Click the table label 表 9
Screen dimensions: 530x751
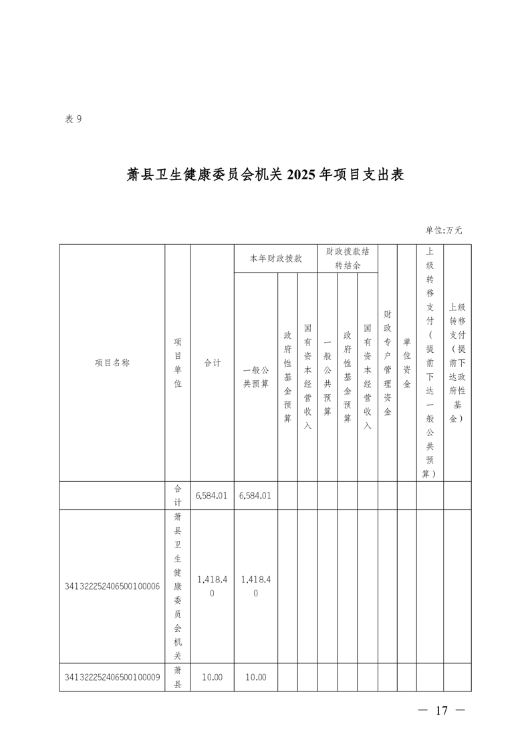[x=74, y=119]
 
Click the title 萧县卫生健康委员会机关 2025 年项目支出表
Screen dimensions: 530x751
[x=265, y=175]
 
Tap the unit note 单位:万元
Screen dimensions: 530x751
[x=444, y=230]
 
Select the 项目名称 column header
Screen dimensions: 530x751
[x=112, y=363]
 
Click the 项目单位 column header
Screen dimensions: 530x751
[x=178, y=363]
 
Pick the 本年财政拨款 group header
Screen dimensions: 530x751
[x=276, y=258]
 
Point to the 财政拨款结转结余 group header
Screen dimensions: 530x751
[x=348, y=258]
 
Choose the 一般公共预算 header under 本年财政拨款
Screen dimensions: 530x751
[x=256, y=377]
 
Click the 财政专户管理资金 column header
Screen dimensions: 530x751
[x=388, y=363]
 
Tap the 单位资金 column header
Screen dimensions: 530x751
[x=407, y=363]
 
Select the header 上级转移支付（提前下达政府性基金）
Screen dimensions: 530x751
[x=457, y=363]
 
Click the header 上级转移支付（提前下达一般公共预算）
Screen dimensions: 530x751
[x=430, y=363]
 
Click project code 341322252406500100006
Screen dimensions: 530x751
[x=112, y=587]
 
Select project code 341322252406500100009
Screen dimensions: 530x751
[x=112, y=678]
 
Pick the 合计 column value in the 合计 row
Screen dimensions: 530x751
[x=212, y=496]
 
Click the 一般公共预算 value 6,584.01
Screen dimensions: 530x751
[x=255, y=496]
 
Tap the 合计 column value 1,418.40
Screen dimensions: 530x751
[x=212, y=587]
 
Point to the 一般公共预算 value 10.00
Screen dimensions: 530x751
[x=255, y=678]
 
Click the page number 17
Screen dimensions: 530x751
[x=442, y=710]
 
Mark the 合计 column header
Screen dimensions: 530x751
[x=213, y=363]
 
